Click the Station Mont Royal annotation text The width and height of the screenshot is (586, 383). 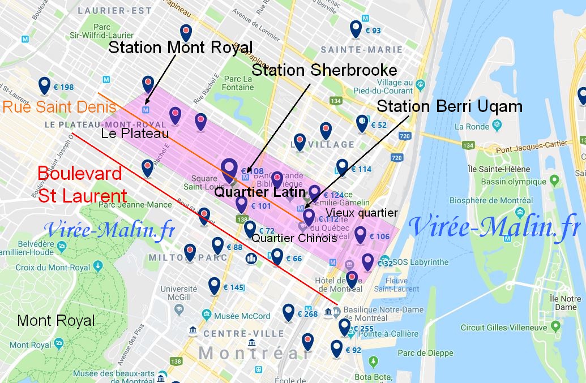pyautogui.click(x=180, y=47)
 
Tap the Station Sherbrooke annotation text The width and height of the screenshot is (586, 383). pyautogui.click(x=324, y=70)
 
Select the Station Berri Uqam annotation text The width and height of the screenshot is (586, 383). pyautogui.click(x=450, y=106)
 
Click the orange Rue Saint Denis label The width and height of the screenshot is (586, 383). pyautogui.click(x=59, y=107)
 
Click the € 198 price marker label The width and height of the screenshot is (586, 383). pyautogui.click(x=63, y=87)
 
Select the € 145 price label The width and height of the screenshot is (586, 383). pyautogui.click(x=233, y=288)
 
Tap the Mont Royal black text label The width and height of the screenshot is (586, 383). pyautogui.click(x=56, y=321)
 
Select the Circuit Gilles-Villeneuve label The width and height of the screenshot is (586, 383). pyautogui.click(x=503, y=328)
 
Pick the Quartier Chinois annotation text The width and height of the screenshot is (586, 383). pyautogui.click(x=294, y=238)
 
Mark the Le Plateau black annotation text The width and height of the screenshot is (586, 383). pyautogui.click(x=135, y=134)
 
